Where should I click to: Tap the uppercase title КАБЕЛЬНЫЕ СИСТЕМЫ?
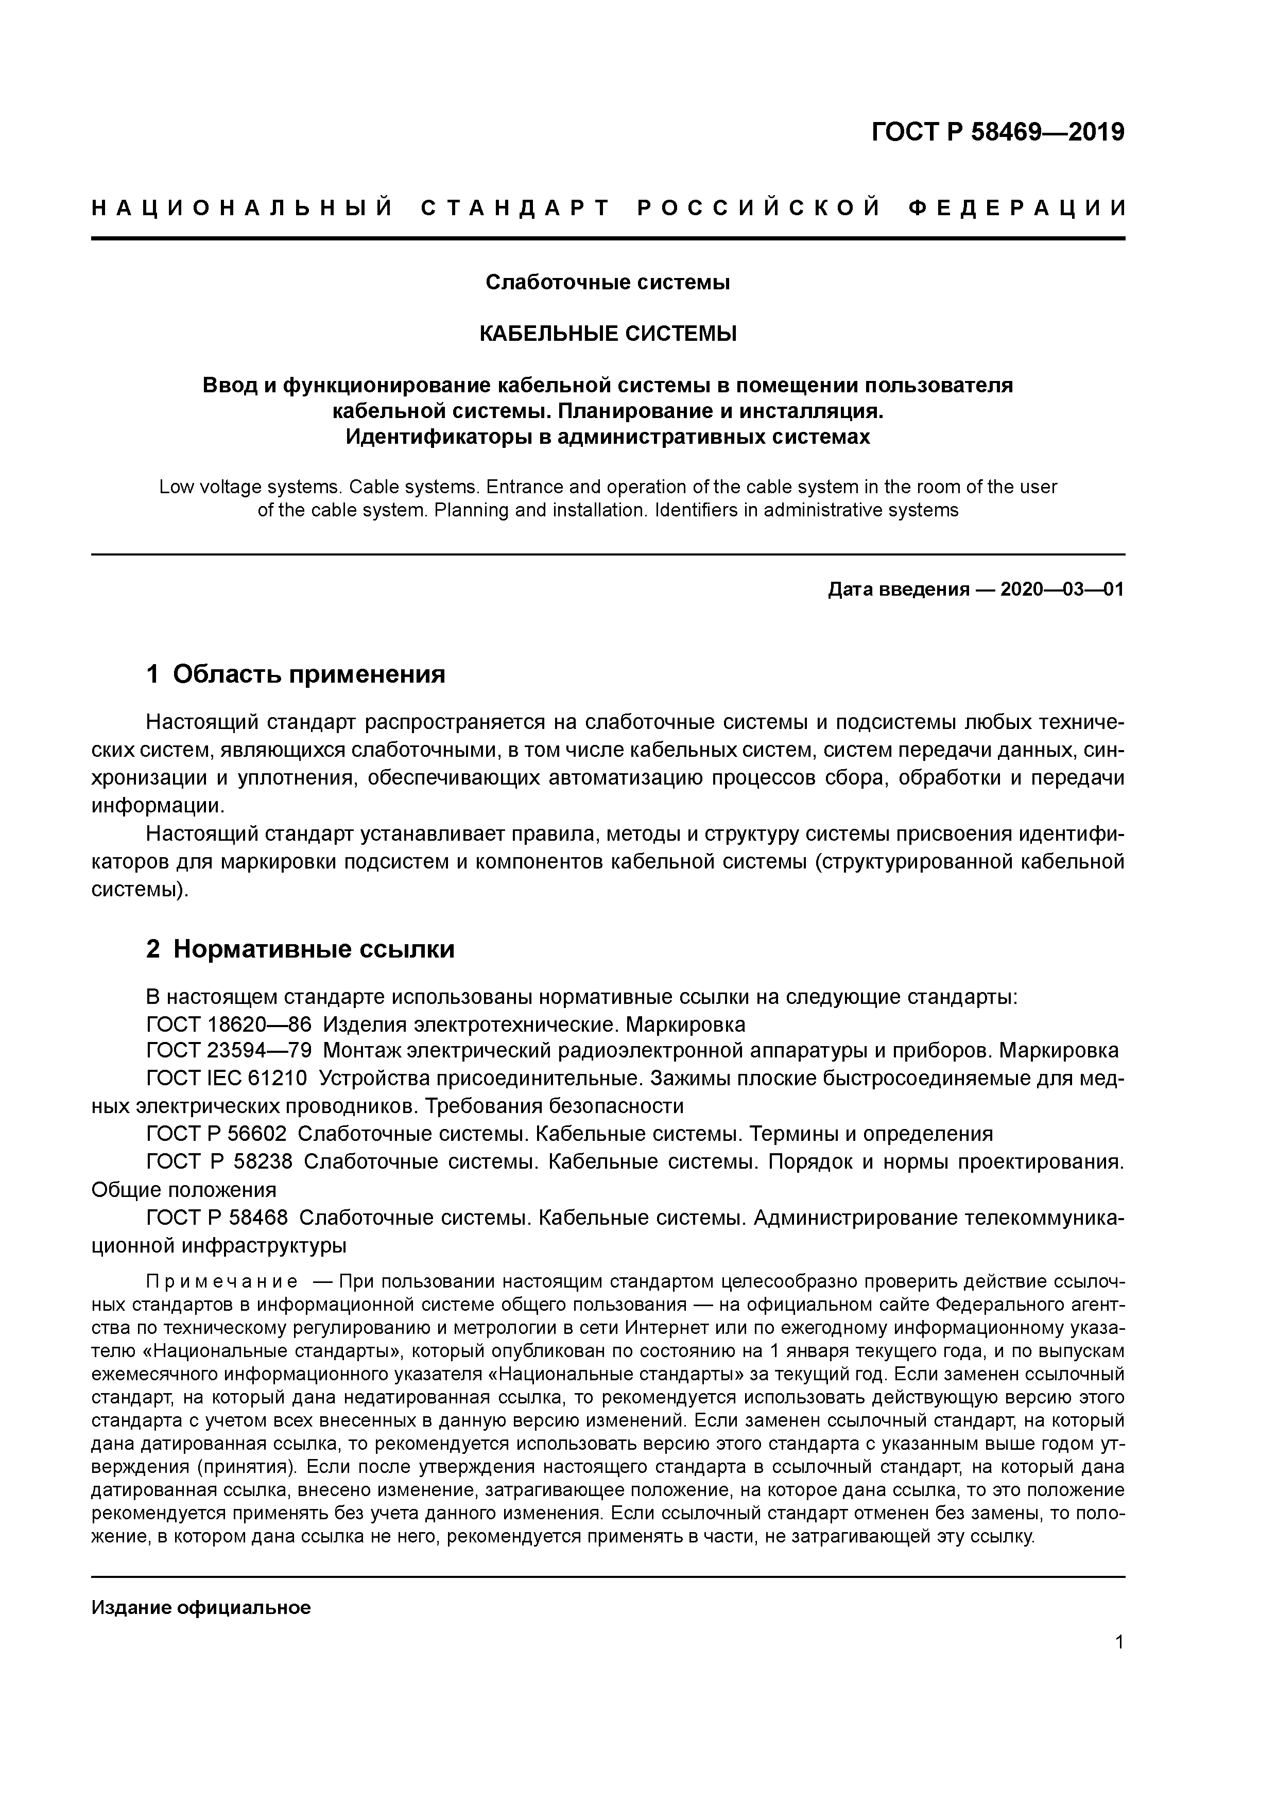608,334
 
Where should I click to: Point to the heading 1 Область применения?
296,673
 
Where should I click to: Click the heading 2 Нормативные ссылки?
301,949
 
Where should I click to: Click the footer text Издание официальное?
201,1607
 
